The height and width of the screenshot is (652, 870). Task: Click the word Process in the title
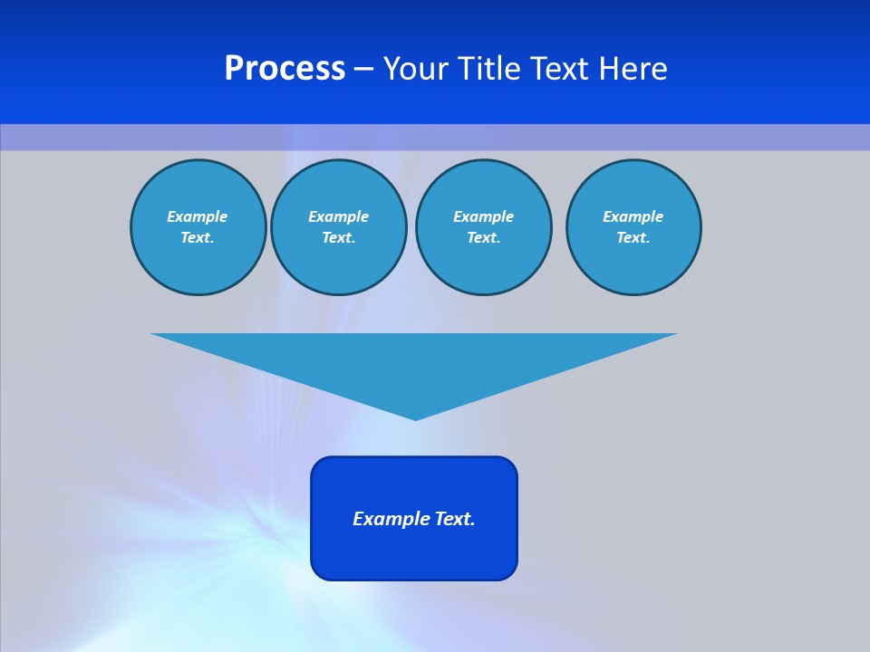(x=285, y=69)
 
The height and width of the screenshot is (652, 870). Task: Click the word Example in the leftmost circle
(x=198, y=216)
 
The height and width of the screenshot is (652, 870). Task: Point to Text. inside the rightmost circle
(x=633, y=237)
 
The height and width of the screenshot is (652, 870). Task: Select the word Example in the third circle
(x=483, y=216)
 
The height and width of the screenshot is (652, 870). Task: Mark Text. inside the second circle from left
(x=338, y=237)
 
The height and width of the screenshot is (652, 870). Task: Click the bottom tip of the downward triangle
(x=415, y=417)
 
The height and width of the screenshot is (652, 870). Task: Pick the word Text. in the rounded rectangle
(x=453, y=519)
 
